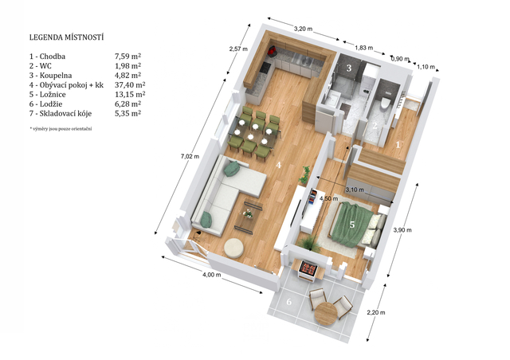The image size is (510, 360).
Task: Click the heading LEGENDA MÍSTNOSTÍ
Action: click(66, 37)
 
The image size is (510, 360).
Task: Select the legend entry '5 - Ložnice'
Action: click(48, 95)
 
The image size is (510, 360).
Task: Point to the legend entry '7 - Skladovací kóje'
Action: click(61, 114)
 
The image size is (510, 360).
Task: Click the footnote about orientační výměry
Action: click(61, 129)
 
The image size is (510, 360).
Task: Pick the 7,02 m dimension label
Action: click(190, 156)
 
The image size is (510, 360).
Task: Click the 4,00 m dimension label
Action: click(212, 275)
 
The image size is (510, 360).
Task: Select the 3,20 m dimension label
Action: click(303, 29)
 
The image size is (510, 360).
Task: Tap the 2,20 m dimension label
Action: click(376, 312)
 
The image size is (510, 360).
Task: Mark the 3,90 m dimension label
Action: click(402, 230)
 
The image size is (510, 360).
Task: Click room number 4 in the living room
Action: click(278, 165)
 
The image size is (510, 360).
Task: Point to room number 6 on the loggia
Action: click(288, 302)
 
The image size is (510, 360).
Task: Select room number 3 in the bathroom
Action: click(349, 68)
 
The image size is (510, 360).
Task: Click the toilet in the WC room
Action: click(385, 101)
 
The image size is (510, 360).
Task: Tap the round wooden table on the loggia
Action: click(326, 314)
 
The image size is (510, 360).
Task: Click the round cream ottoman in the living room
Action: click(233, 248)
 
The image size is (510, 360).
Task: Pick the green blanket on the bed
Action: click(353, 225)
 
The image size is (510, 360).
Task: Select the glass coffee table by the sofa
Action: click(249, 215)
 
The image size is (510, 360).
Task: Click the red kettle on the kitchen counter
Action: click(272, 50)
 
